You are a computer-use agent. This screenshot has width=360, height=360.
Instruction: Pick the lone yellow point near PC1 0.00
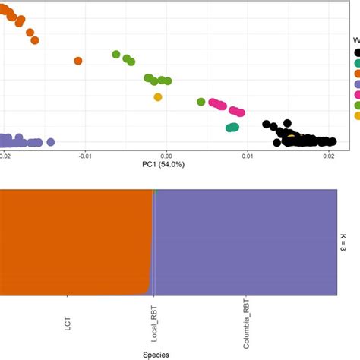(158, 96)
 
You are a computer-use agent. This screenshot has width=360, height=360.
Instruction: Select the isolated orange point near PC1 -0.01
(78, 61)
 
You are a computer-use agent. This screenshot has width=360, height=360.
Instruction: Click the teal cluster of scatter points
(232, 128)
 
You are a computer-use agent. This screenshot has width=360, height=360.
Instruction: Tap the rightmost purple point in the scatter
(51, 141)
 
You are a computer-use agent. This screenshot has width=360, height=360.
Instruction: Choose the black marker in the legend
(356, 52)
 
